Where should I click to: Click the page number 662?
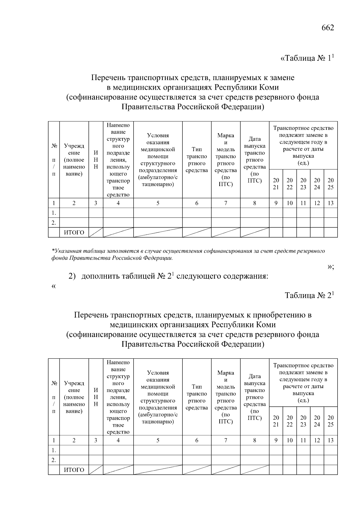click(328, 28)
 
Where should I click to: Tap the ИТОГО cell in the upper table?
click(74, 232)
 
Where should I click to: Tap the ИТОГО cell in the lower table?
click(74, 470)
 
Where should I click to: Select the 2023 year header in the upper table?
click(303, 184)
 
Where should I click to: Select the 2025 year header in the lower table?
click(330, 421)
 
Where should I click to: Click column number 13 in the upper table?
click(330, 203)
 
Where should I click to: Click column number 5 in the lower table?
click(158, 440)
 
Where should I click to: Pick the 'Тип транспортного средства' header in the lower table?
click(197, 397)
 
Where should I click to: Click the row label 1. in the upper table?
click(54, 213)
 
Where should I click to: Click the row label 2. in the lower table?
click(54, 460)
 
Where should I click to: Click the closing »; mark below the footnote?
click(331, 267)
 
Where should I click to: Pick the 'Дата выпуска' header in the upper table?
click(254, 160)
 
